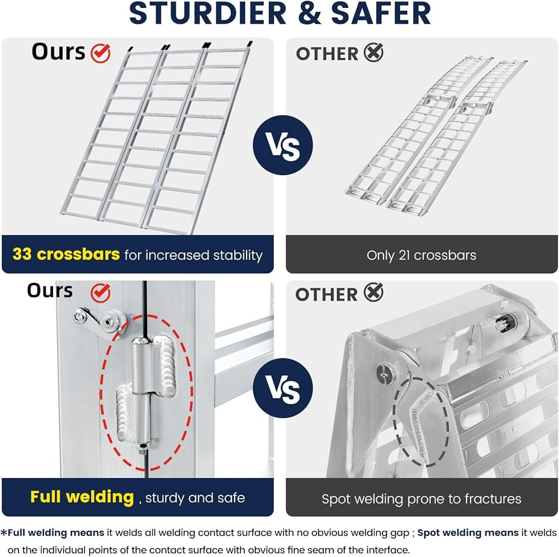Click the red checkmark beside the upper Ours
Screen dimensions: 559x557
point(101,53)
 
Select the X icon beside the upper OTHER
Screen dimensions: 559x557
point(373,53)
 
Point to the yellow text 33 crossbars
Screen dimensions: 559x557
point(66,255)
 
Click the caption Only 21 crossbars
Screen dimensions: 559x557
point(421,256)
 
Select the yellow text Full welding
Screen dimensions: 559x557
point(82,497)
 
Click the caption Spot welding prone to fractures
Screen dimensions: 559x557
point(421,499)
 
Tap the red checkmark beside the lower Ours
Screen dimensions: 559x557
point(101,291)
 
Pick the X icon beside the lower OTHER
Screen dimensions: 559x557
point(373,293)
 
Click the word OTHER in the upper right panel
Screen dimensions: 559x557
point(327,54)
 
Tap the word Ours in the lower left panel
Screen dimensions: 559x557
point(50,291)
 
